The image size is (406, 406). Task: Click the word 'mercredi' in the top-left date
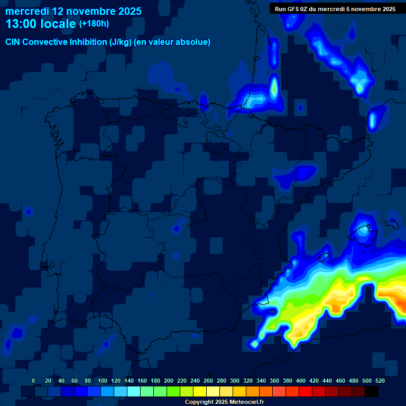pos(27,11)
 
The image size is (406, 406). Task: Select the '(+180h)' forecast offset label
pos(94,24)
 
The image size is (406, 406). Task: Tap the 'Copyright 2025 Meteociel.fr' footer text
pos(224,402)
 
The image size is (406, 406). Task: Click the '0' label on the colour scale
pos(33,381)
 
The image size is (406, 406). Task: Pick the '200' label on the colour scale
pos(169,381)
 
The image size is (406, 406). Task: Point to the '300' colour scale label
pos(235,381)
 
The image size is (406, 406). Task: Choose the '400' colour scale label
pos(301,381)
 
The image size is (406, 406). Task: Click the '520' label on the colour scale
pos(380,381)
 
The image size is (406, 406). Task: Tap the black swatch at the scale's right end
pos(372,391)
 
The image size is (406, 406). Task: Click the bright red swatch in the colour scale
pos(306,391)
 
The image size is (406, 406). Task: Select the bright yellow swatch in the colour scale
pos(200,391)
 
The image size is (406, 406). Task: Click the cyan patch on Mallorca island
pos(363,230)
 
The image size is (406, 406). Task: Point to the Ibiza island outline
pos(325,257)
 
